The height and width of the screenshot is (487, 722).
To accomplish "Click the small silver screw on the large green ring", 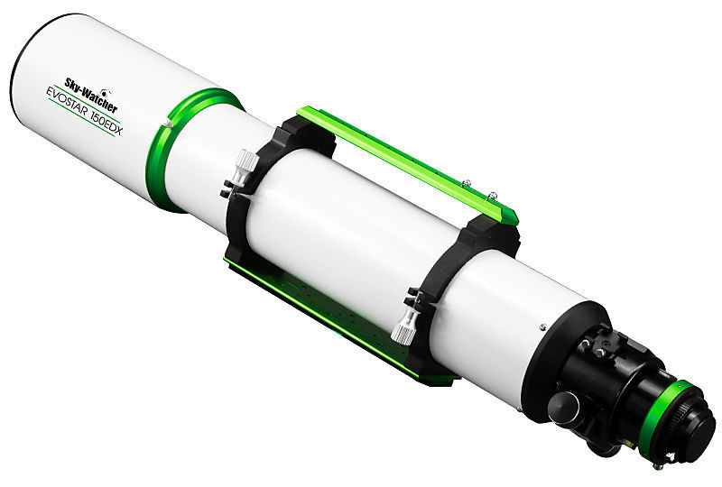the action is tap(169, 123).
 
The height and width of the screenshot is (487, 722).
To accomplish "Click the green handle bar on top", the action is tap(407, 163).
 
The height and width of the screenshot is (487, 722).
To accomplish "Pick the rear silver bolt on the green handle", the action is tap(492, 195).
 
